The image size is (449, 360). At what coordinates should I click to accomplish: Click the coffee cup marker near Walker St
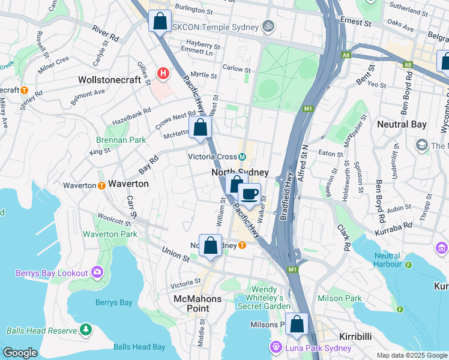tap(250, 194)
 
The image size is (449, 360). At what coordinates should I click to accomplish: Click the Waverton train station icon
tap(101, 185)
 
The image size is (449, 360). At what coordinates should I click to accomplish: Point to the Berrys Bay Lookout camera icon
tap(97, 273)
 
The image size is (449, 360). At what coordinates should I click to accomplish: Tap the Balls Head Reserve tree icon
tap(86, 330)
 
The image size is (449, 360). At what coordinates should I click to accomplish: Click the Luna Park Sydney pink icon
tap(276, 347)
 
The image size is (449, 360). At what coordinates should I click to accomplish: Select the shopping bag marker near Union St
tap(210, 245)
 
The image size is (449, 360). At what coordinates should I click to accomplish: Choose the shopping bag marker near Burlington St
tap(160, 22)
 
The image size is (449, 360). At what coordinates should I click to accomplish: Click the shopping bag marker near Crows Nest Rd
tap(200, 127)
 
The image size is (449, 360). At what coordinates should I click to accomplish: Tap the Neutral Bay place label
tap(402, 124)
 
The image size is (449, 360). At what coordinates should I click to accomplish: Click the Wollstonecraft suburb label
tap(113, 79)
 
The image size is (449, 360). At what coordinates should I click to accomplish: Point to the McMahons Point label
tap(197, 304)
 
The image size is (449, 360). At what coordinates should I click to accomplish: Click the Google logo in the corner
tap(20, 353)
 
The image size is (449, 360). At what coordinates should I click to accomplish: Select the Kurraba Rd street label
tap(394, 225)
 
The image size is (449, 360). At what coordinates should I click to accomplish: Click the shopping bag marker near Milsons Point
tap(297, 324)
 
